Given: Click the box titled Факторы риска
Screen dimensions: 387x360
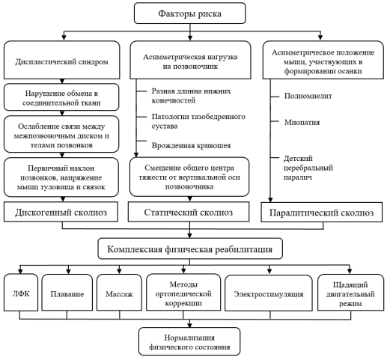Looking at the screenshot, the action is pyautogui.click(x=189, y=13).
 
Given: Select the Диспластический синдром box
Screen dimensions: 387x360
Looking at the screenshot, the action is pyautogui.click(x=62, y=60).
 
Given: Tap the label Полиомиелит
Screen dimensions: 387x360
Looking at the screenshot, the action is pyautogui.click(x=308, y=96).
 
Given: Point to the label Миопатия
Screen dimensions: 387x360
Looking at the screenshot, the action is pyautogui.click(x=302, y=122).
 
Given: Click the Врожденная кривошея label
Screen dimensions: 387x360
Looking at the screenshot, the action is pyautogui.click(x=191, y=145).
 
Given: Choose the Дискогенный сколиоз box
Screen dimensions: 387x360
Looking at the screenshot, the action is pyautogui.click(x=61, y=212).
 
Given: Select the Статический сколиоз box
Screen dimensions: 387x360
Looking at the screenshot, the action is pyautogui.click(x=189, y=212).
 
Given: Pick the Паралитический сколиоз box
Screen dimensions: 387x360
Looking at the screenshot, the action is pyautogui.click(x=322, y=213).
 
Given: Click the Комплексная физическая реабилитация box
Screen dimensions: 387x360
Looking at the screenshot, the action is pyautogui.click(x=190, y=248).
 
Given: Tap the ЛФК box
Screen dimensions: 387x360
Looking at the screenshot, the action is pyautogui.click(x=21, y=293).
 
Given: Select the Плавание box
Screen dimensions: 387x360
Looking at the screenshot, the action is pyautogui.click(x=67, y=293).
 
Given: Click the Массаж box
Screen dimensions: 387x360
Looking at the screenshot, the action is pyautogui.click(x=119, y=293).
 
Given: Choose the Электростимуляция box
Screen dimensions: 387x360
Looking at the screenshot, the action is pyautogui.click(x=269, y=293).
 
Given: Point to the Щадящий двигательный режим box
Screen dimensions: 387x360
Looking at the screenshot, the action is pyautogui.click(x=350, y=293).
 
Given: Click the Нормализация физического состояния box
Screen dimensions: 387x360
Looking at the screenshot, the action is pyautogui.click(x=189, y=341).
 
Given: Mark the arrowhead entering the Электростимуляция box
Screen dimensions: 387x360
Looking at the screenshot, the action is pyautogui.click(x=269, y=271).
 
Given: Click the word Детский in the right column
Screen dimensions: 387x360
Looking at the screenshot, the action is pyautogui.click(x=298, y=159).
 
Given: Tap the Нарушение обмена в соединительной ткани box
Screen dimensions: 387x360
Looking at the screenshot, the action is pyautogui.click(x=61, y=97).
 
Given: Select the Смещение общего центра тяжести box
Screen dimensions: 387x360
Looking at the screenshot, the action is pyautogui.click(x=189, y=177).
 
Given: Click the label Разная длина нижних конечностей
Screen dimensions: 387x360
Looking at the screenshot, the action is pyautogui.click(x=191, y=96).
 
